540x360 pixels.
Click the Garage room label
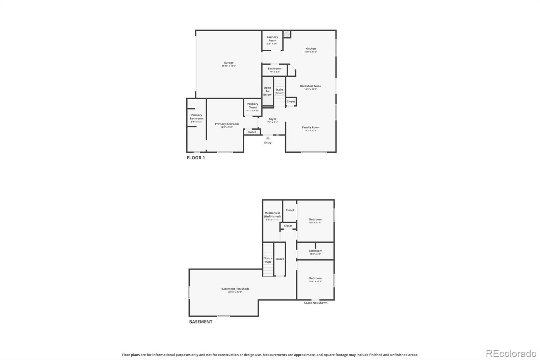pyautogui.click(x=228, y=63)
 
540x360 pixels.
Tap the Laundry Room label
pyautogui.click(x=272, y=39)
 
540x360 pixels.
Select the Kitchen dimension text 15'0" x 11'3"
pyautogui.click(x=310, y=52)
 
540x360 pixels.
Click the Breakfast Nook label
pyautogui.click(x=310, y=86)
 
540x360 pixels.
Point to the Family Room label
pyautogui.click(x=310, y=127)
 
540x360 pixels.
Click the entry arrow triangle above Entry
pyautogui.click(x=268, y=138)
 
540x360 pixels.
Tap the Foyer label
pyautogui.click(x=272, y=119)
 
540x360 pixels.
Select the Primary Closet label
pyautogui.click(x=253, y=106)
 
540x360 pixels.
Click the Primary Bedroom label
pyautogui.click(x=227, y=124)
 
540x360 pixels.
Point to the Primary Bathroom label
pyautogui.click(x=196, y=117)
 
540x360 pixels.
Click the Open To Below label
pyautogui.click(x=267, y=91)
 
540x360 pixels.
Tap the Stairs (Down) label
pyautogui.click(x=279, y=92)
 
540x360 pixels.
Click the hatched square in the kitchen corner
pyautogui.click(x=287, y=34)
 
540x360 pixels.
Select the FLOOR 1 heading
pyautogui.click(x=196, y=158)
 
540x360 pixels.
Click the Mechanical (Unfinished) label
pyautogui.click(x=272, y=215)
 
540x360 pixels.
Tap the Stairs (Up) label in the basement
pyautogui.click(x=268, y=260)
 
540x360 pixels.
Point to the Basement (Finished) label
pyautogui.click(x=235, y=289)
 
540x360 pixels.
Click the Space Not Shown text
pyautogui.click(x=316, y=303)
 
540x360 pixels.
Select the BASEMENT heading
pyautogui.click(x=200, y=322)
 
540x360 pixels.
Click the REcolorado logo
pyautogui.click(x=511, y=354)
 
